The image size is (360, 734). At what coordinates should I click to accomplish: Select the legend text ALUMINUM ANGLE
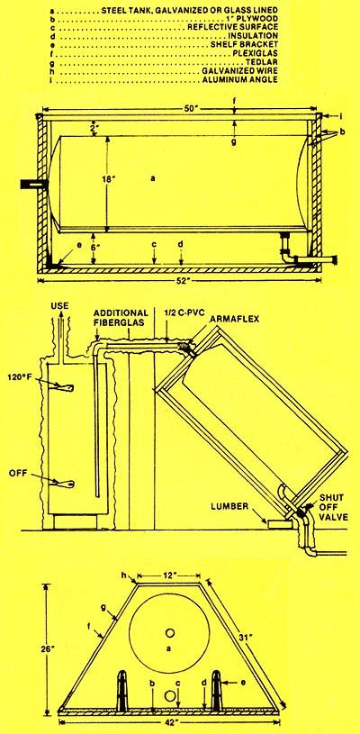(x=241, y=80)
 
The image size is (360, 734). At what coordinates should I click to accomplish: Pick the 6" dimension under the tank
(x=94, y=244)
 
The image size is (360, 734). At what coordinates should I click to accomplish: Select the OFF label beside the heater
(x=17, y=473)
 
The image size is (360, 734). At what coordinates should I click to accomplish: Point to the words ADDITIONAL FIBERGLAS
(x=121, y=317)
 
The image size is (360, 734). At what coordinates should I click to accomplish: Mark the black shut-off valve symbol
(x=301, y=513)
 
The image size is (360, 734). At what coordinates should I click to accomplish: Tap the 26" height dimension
(x=28, y=648)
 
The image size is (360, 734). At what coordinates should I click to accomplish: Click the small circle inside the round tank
(x=170, y=632)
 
